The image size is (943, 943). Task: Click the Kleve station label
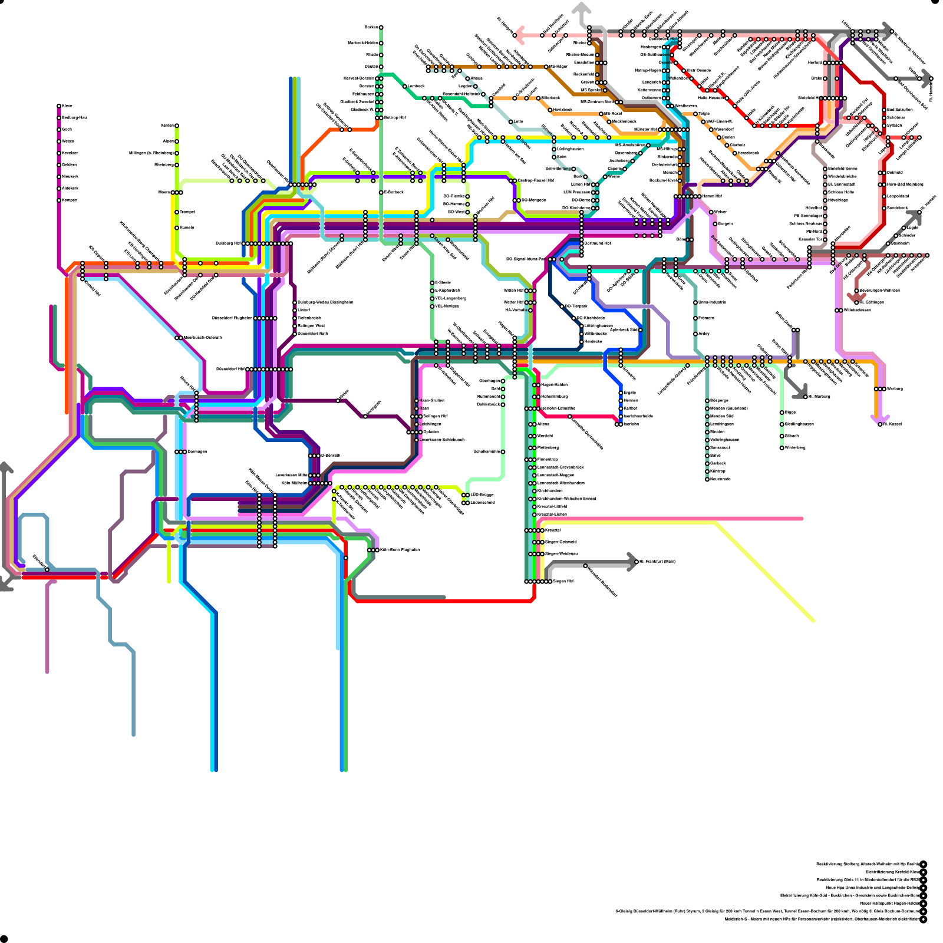pos(67,106)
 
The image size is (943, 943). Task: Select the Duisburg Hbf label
pos(229,243)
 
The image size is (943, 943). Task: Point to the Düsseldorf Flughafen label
pos(232,318)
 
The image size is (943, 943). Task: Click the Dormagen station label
pos(197,452)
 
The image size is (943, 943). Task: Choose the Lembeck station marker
pos(405,86)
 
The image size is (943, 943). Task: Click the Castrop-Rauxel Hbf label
pos(536,181)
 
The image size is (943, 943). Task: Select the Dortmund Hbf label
pos(598,243)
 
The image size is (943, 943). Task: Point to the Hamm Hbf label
pos(712,196)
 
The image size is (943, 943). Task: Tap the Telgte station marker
pos(695,114)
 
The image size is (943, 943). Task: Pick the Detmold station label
pos(895,173)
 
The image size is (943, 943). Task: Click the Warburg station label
pos(895,389)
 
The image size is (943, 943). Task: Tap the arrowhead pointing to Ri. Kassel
pos(876,420)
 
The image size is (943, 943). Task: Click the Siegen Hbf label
pos(563,582)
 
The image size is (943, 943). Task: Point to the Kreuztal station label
pos(552,530)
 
